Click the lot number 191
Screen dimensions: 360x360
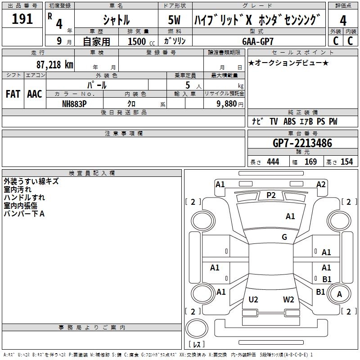[x=22, y=19]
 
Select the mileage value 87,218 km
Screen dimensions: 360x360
[x=54, y=64]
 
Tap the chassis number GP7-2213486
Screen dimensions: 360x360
[x=302, y=143]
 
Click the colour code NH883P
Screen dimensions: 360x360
[x=74, y=103]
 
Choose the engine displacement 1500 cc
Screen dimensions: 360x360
[x=137, y=41]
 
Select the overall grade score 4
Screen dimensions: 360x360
[x=343, y=21]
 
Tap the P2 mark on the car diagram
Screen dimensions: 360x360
[x=271, y=195]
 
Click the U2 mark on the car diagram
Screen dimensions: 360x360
[x=253, y=299]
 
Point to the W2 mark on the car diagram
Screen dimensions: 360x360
[x=288, y=299]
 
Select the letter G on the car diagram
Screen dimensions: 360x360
[x=284, y=237]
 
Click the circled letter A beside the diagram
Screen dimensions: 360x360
[x=339, y=294]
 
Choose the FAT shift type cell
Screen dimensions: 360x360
[x=13, y=94]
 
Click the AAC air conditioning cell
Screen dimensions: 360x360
[x=34, y=94]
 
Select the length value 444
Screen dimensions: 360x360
[x=273, y=162]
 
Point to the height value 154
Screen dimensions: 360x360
[x=346, y=162]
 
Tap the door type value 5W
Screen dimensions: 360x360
[x=175, y=20]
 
